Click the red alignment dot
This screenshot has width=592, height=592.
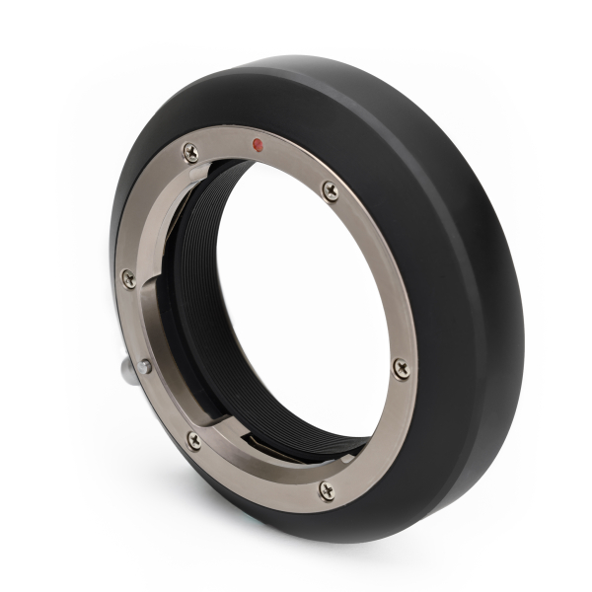258,144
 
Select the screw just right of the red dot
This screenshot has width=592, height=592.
331,190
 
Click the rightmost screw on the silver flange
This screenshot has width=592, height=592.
401,367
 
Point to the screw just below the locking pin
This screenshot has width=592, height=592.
193,440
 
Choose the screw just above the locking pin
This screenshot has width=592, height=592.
128,278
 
